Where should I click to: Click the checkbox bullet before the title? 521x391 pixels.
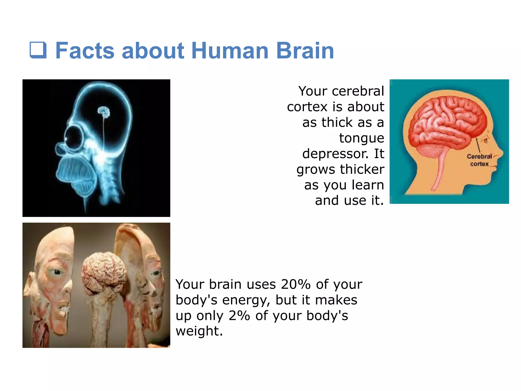click(x=38, y=50)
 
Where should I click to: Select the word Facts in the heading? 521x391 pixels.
click(x=85, y=51)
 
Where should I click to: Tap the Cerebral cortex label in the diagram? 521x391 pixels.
click(x=479, y=160)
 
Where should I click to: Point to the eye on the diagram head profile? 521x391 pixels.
click(x=486, y=141)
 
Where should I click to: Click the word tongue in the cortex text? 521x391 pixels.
click(x=361, y=138)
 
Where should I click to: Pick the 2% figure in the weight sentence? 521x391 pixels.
click(x=239, y=315)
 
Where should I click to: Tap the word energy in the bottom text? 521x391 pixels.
click(x=246, y=300)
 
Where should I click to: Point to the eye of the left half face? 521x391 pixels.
click(x=56, y=272)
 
